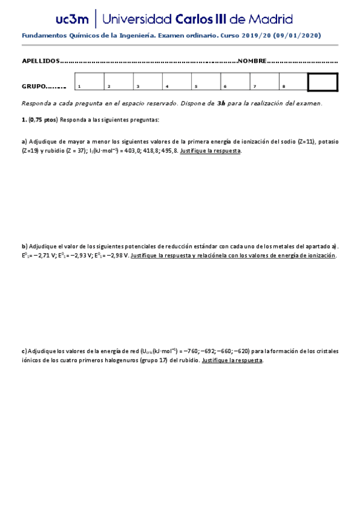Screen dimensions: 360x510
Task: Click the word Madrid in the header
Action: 270,19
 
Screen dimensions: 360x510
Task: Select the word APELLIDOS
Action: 41,61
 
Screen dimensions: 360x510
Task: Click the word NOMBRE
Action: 252,61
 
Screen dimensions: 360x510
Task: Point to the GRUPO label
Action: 35,87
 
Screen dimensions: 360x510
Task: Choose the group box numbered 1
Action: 89,82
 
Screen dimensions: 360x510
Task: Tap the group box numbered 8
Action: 294,82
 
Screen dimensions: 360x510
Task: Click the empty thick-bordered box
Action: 323,82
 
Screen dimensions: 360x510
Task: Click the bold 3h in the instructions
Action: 221,103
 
